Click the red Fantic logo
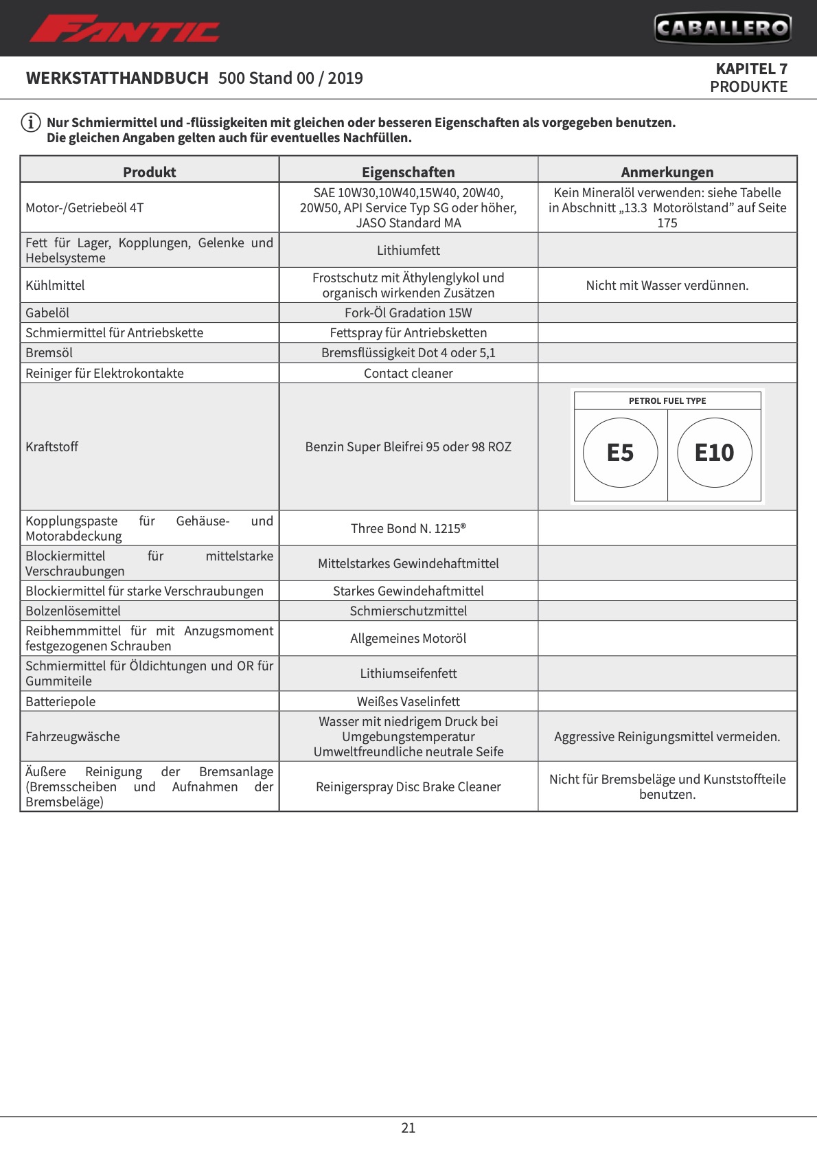[x=124, y=30]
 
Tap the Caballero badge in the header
[x=722, y=28]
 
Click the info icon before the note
[x=31, y=123]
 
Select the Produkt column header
[x=149, y=172]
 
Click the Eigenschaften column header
[x=408, y=172]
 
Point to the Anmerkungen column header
[x=667, y=172]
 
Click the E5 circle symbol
[x=620, y=453]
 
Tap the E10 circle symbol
[x=714, y=453]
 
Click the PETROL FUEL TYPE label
[x=667, y=401]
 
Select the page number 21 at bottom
[x=408, y=1128]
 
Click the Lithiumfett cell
[x=408, y=251]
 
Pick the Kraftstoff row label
[x=52, y=447]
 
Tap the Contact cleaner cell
[x=408, y=374]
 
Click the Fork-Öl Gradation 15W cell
[x=408, y=313]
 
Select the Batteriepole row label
[x=60, y=702]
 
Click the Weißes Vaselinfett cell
[x=408, y=702]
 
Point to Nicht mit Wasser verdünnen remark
[x=667, y=286]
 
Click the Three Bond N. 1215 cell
[x=408, y=529]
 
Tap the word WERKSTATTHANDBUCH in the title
[x=117, y=78]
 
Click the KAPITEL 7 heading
[x=751, y=69]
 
